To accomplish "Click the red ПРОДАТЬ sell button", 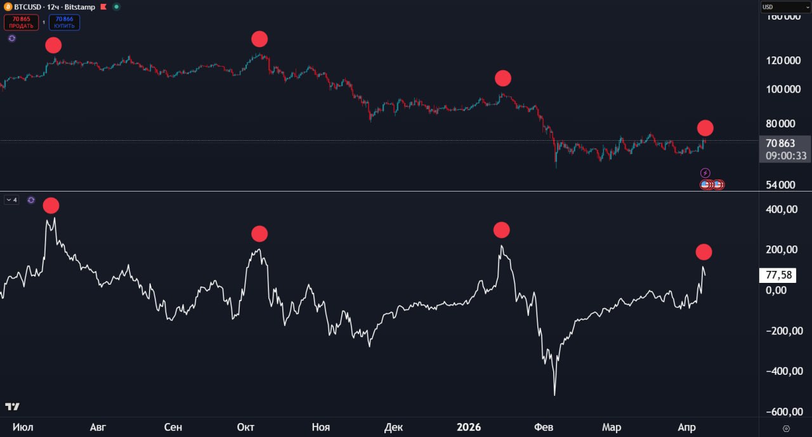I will (x=21, y=23).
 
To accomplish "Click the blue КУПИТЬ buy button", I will (x=64, y=23).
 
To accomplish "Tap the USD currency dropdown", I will (x=785, y=7).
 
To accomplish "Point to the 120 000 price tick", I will (x=783, y=61).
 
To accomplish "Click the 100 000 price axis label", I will (x=783, y=89).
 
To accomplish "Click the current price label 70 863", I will (x=780, y=143).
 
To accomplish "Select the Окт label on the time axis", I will (x=246, y=427).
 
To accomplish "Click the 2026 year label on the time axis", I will (x=469, y=427).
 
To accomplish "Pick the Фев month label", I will (x=544, y=427).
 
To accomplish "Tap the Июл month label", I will (x=23, y=427).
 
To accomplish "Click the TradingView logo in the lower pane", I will (x=12, y=407).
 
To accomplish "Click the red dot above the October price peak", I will (x=259, y=39).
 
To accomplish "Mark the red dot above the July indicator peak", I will (x=51, y=205).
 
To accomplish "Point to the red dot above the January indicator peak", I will (x=501, y=230).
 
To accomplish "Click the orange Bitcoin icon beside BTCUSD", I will (x=8, y=6).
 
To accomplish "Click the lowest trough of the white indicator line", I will (x=554, y=395).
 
